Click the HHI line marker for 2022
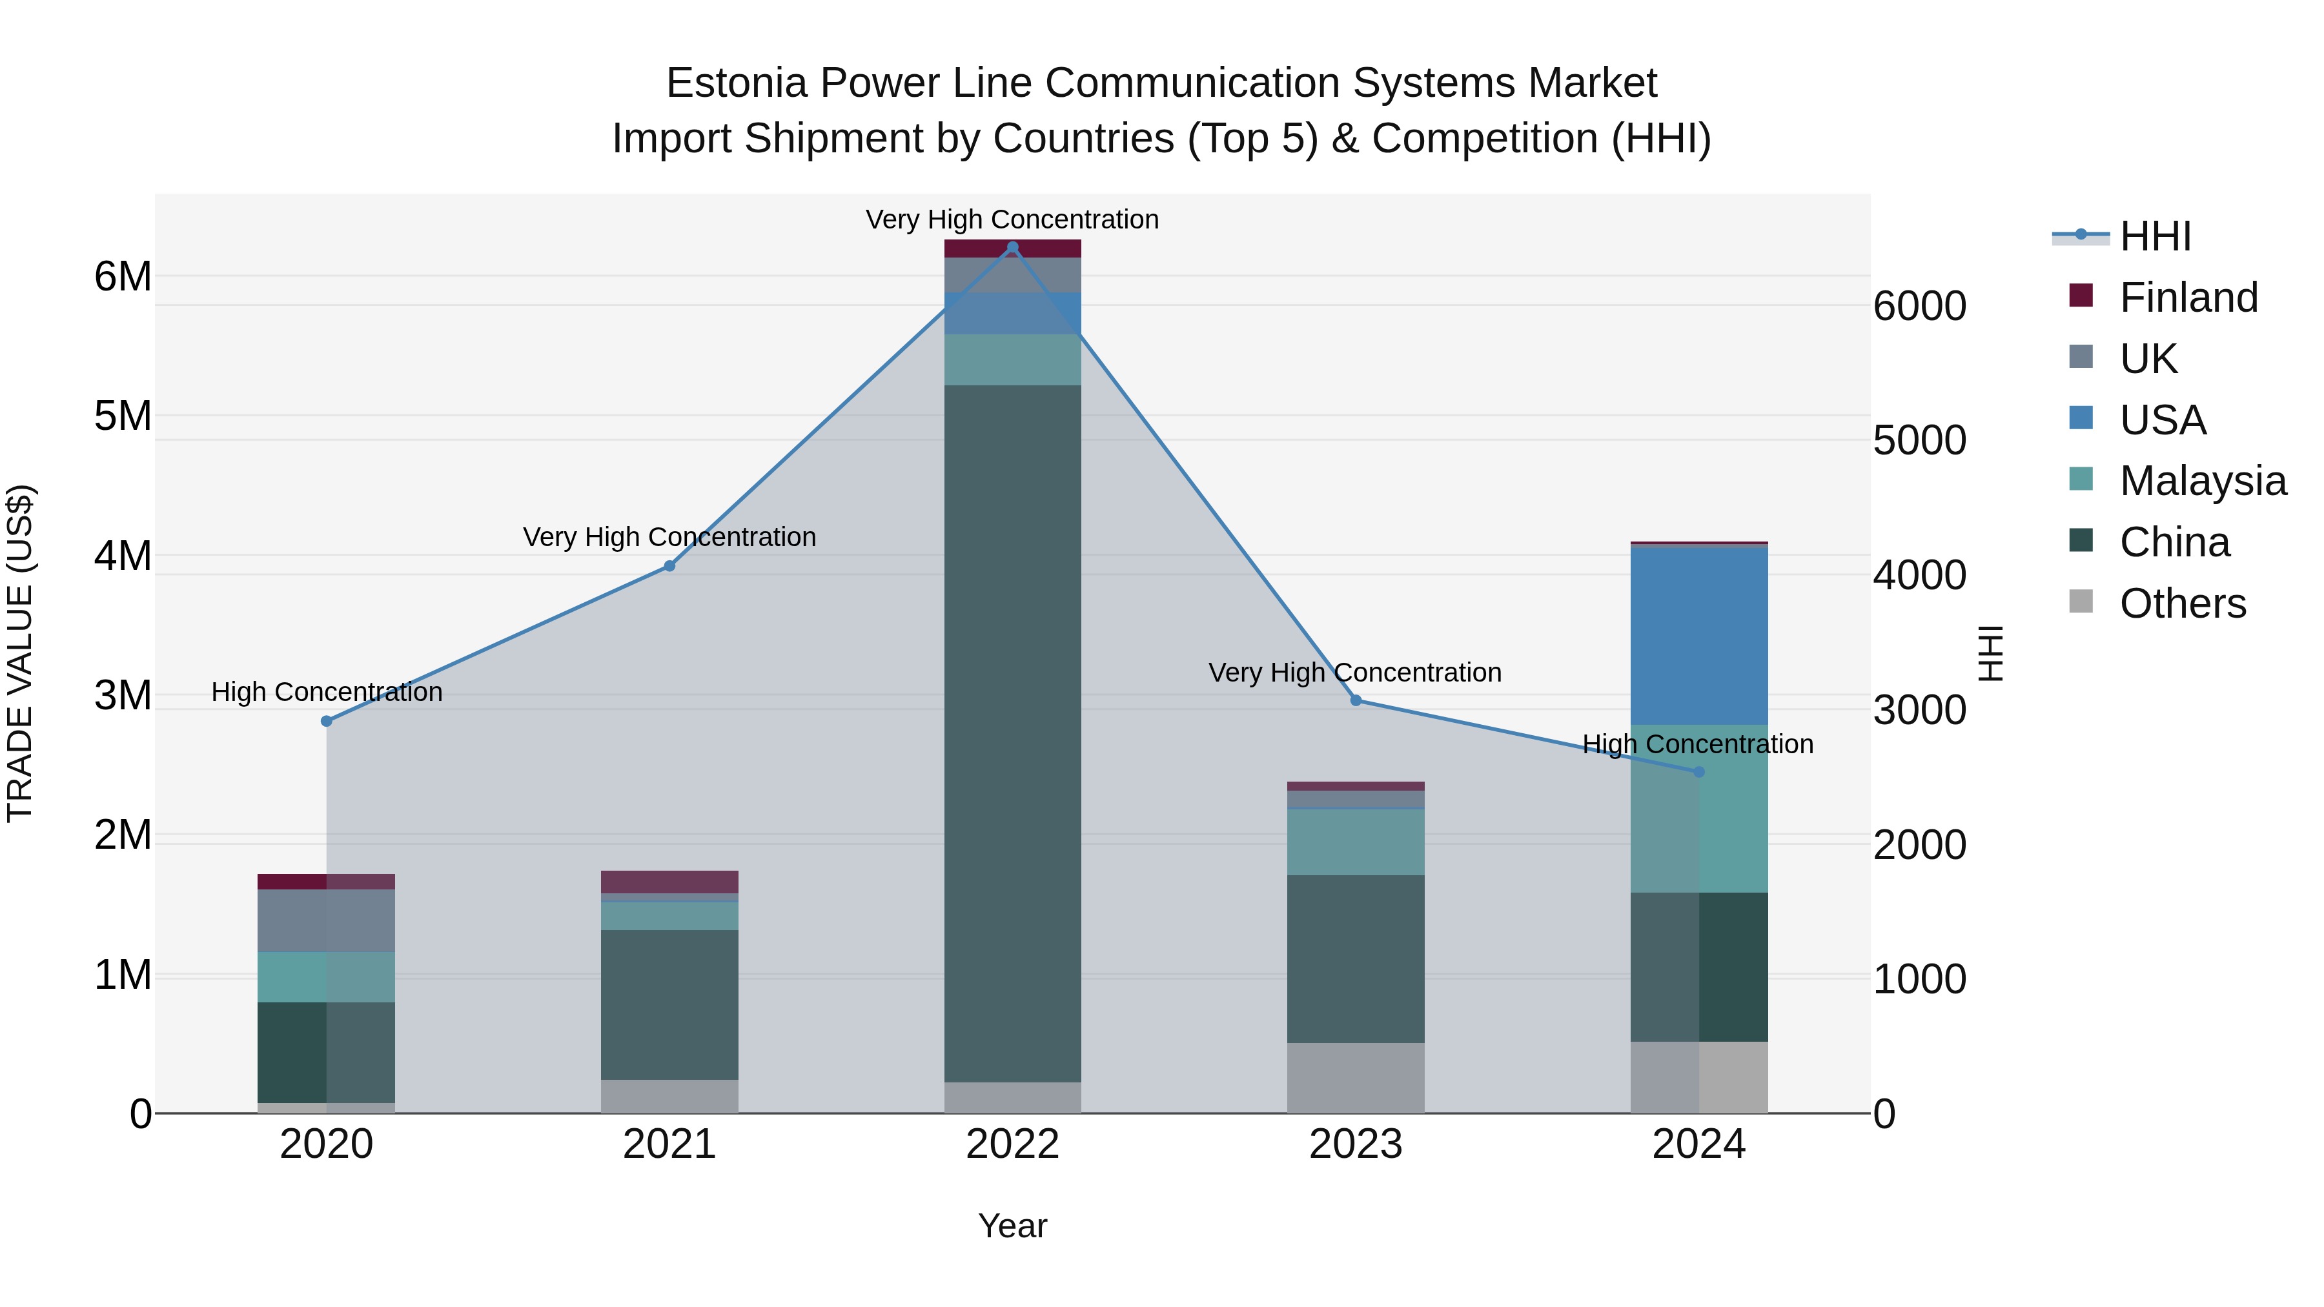pyautogui.click(x=1012, y=247)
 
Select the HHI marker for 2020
pyautogui.click(x=327, y=721)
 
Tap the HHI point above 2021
pyautogui.click(x=669, y=565)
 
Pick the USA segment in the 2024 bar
pyautogui.click(x=1699, y=635)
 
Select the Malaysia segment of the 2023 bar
pyautogui.click(x=1355, y=842)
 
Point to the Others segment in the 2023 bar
pyautogui.click(x=1355, y=1077)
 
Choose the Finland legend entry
pyautogui.click(x=2188, y=298)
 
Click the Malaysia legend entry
pyautogui.click(x=2201, y=481)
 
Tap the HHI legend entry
pyautogui.click(x=2154, y=236)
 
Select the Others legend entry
pyautogui.click(x=2181, y=603)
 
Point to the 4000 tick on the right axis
pyautogui.click(x=1920, y=576)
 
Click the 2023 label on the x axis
pyautogui.click(x=1355, y=1144)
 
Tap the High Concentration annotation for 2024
pyautogui.click(x=1698, y=744)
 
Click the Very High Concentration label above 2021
pyautogui.click(x=669, y=537)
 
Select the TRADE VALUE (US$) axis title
pyautogui.click(x=20, y=653)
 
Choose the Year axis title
pyautogui.click(x=1012, y=1226)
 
